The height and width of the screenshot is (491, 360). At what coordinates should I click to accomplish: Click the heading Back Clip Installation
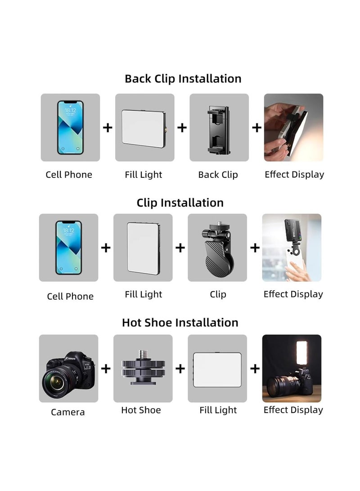point(183,79)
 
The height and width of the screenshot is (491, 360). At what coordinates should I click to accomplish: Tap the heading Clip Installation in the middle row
point(180,203)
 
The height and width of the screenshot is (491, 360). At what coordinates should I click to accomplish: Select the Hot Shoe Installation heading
point(180,323)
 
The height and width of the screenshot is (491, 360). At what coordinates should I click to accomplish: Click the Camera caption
point(67,412)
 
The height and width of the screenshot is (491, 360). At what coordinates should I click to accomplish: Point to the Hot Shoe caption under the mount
point(141,410)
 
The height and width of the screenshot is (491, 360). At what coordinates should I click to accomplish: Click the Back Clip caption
point(218,175)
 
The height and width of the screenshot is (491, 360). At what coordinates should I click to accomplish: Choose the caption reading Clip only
point(218,294)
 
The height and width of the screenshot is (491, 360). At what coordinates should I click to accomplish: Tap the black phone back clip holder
point(219,128)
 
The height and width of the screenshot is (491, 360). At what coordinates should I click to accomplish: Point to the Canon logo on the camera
point(71,359)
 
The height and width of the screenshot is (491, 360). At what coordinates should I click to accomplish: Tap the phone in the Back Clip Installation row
point(70,127)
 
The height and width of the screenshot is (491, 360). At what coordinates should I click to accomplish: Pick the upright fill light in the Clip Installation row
point(142,248)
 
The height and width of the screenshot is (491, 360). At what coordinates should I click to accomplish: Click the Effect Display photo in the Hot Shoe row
point(292,368)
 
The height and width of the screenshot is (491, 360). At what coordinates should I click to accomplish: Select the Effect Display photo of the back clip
point(293,127)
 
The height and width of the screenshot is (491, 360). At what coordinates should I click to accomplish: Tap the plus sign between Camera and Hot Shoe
point(106,369)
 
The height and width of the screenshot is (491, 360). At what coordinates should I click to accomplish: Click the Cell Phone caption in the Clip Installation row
point(70,296)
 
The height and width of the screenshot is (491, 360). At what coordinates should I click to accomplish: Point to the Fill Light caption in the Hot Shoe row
point(218,410)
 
